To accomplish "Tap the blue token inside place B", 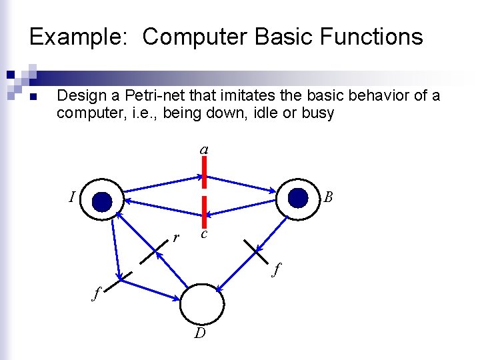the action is point(299,197).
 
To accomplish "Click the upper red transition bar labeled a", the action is point(205,171).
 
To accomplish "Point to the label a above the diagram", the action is point(204,150).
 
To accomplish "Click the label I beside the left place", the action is point(71,197).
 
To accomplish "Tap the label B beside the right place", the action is point(328,197).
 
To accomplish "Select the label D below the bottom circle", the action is point(200,333).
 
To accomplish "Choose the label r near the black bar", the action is point(176,237).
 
